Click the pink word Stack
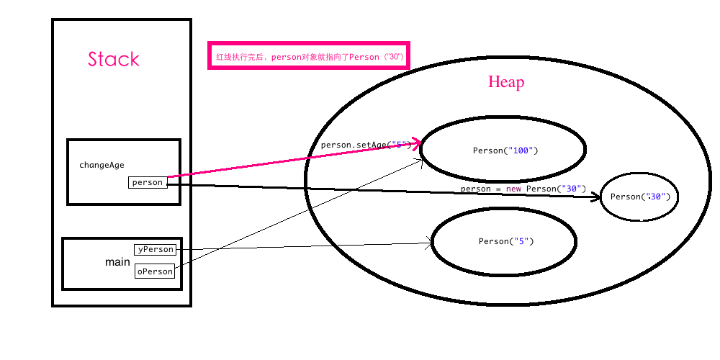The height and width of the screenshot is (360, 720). [114, 59]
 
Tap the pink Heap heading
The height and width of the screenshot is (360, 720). [506, 82]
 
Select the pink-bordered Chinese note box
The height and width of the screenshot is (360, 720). [309, 55]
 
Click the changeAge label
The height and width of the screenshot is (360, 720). [102, 165]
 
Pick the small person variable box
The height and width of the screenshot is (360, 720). [148, 182]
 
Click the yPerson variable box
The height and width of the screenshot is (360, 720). [155, 249]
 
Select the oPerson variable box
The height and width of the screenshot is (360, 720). [155, 271]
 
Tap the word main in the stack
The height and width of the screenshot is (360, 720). [117, 262]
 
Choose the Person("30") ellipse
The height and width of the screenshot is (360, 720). [639, 196]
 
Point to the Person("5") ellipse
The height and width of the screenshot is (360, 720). [503, 241]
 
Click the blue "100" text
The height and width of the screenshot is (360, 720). [521, 150]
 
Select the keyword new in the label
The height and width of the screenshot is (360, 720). [512, 189]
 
